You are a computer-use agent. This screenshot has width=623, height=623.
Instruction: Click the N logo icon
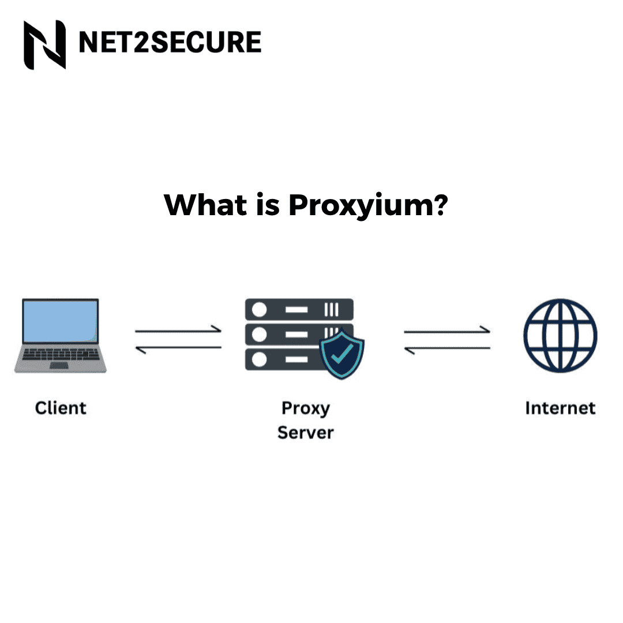44,44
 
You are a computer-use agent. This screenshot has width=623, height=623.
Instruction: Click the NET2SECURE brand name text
170,43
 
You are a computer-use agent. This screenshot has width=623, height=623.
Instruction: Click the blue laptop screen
60,321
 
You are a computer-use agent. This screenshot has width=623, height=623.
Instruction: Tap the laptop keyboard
60,355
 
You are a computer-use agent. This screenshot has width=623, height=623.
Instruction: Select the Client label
61,408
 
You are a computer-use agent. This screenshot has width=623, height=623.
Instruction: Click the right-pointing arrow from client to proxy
178,331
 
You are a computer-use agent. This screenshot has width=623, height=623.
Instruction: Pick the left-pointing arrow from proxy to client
178,347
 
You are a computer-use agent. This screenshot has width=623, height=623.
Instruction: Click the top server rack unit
299,310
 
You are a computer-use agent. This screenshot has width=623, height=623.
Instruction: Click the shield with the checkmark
342,352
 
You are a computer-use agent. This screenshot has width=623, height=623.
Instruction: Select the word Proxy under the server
306,408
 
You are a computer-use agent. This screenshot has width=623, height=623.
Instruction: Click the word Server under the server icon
306,432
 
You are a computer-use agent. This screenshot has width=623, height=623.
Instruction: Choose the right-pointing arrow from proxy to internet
447,331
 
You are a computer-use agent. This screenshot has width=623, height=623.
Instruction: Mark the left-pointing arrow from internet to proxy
447,348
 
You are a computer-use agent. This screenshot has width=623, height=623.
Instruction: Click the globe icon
560,335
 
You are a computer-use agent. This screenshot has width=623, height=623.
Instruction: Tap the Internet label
560,408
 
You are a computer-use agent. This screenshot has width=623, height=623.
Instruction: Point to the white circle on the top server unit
260,310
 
